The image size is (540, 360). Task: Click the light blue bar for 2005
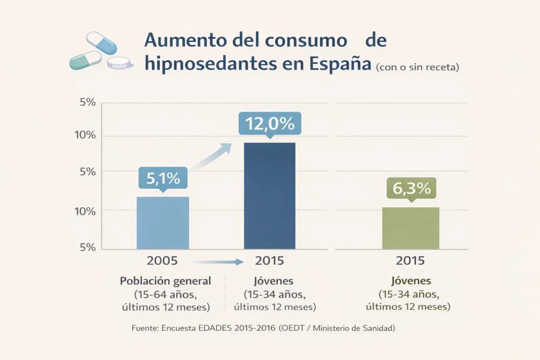[x=162, y=222]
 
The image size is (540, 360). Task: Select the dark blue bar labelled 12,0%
[x=269, y=196]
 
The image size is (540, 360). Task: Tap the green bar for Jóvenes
[x=410, y=228]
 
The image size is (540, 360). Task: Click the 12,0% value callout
[x=269, y=124]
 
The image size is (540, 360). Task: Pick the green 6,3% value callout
[x=411, y=188]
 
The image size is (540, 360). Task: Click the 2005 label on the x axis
[x=162, y=260]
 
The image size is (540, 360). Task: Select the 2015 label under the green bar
[x=410, y=260]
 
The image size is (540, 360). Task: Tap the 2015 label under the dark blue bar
[x=269, y=260]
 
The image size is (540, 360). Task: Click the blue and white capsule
[x=101, y=43]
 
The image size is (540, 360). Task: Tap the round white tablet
[x=120, y=63]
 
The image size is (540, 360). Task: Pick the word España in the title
[x=340, y=64]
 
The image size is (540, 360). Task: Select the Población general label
[x=165, y=280]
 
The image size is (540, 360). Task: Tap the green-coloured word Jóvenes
[x=410, y=280]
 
